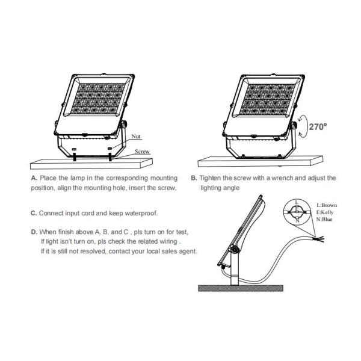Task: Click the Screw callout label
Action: [142, 152]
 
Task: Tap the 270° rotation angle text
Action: [317, 127]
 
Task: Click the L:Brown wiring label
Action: [326, 205]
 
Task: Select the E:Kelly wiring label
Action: [326, 212]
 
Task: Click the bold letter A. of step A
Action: [34, 179]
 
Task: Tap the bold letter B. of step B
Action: [194, 179]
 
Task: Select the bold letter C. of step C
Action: [34, 214]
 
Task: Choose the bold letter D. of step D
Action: [34, 232]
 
